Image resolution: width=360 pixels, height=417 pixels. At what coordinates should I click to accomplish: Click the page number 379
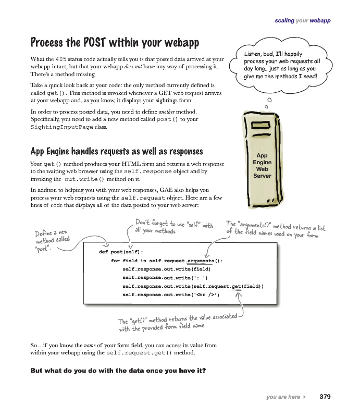tap(325, 397)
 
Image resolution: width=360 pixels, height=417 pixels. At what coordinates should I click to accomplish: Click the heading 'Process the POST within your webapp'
tap(115, 42)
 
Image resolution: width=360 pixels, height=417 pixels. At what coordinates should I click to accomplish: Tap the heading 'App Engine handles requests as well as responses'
tap(116, 152)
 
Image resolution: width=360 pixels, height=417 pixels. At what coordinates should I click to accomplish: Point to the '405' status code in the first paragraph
tap(61, 59)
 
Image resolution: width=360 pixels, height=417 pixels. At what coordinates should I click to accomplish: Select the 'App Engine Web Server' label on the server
tap(262, 166)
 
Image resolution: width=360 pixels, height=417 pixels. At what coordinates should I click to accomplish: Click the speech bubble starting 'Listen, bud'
tap(281, 65)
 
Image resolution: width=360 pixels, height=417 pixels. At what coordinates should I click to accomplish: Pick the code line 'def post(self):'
tap(120, 252)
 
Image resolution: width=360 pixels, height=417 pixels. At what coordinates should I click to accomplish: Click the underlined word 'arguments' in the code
tap(200, 261)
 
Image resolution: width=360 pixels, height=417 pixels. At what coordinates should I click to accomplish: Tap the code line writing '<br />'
tap(171, 295)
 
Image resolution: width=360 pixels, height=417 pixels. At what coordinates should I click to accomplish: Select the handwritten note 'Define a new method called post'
tap(52, 240)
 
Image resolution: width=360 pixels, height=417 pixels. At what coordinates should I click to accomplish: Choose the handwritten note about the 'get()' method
tap(177, 322)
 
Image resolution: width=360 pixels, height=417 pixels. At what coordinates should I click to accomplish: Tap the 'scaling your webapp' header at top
tap(302, 21)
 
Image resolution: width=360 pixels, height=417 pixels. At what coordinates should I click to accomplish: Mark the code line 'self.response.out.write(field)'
tap(166, 269)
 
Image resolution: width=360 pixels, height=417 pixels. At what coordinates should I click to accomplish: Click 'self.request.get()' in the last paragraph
tap(138, 353)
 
